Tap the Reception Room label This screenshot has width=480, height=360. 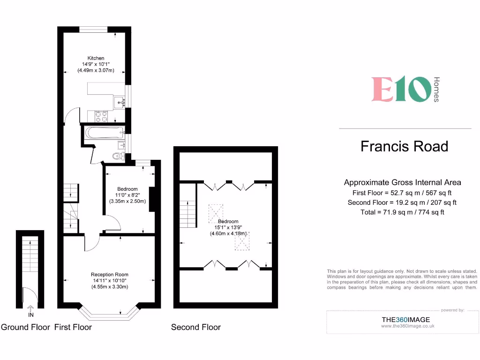pos(110,275)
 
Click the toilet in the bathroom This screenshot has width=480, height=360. pos(118,156)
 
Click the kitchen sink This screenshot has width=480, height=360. pos(119,100)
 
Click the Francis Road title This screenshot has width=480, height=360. pos(404,146)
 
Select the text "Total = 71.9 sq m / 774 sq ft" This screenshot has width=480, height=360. pos(402,212)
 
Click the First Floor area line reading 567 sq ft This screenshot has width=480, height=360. pos(402,193)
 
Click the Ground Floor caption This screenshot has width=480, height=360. pos(25,327)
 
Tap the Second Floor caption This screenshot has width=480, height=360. pos(195,327)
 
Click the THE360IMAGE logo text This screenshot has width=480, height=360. pos(405,320)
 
